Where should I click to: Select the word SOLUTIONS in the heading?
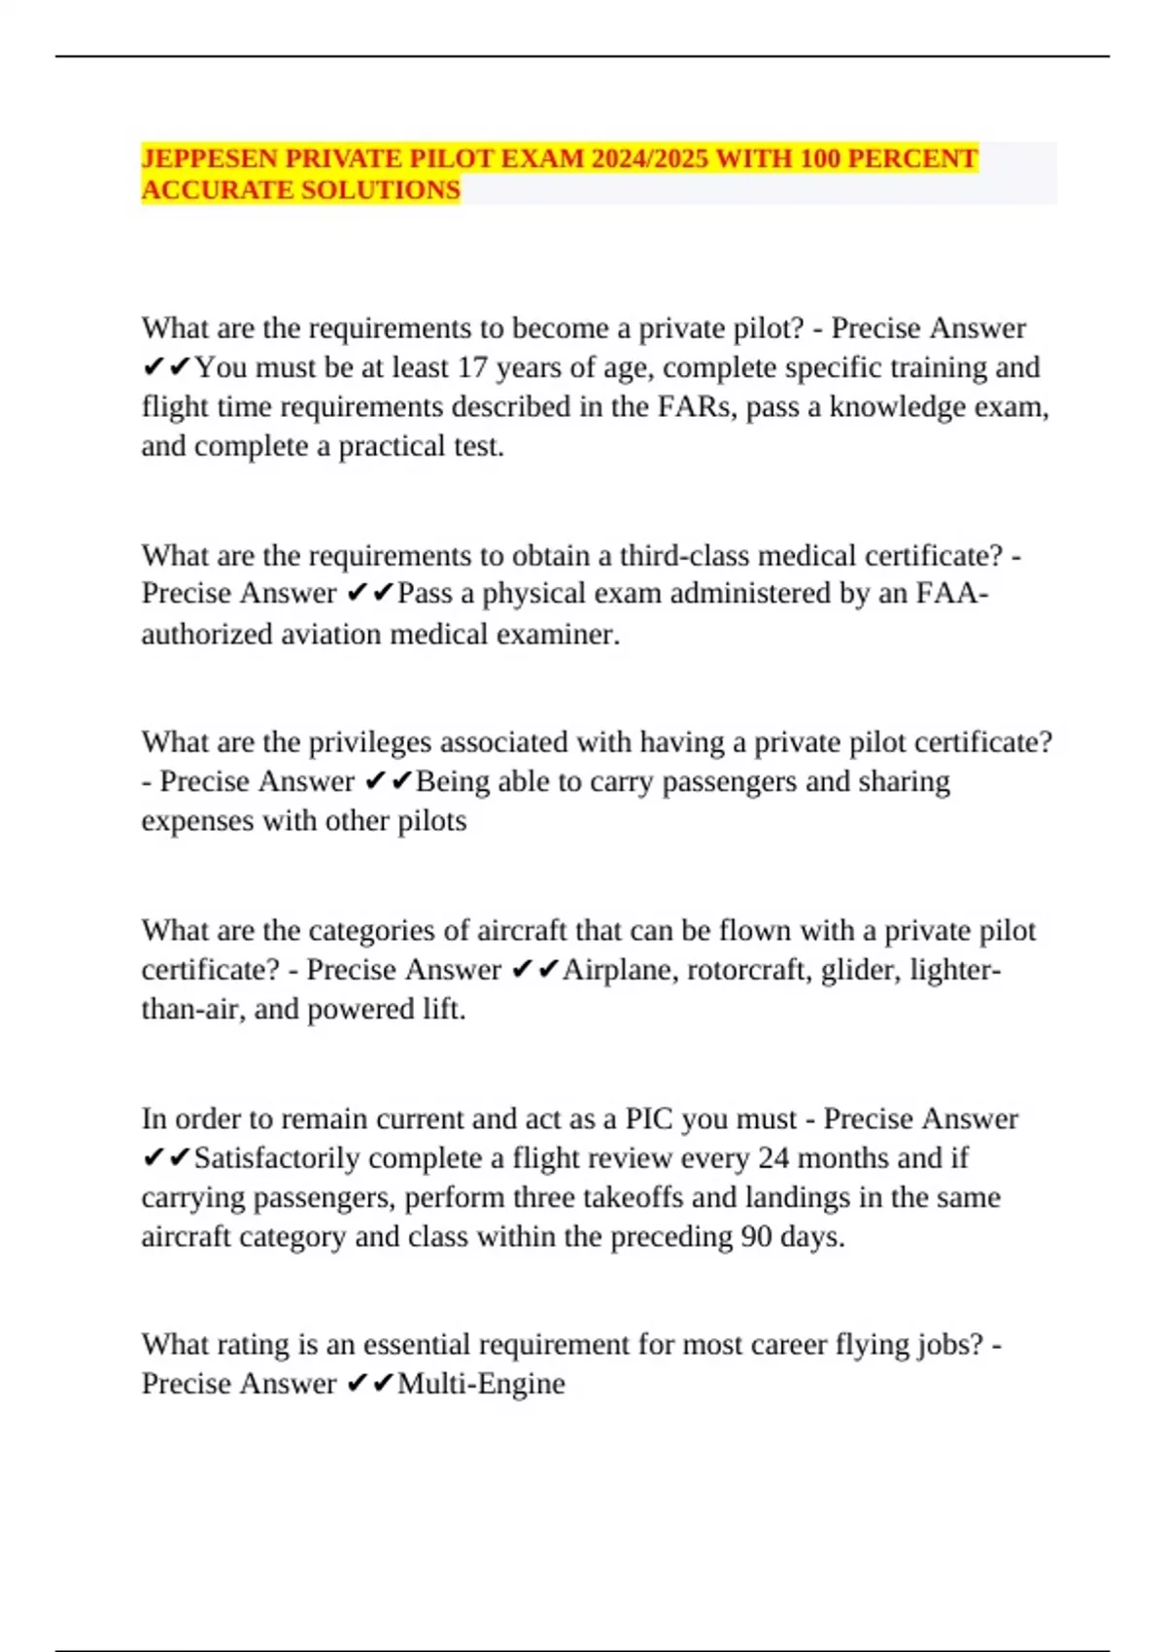[x=381, y=189]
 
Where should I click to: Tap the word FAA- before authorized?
[x=952, y=593]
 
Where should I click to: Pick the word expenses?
[x=197, y=821]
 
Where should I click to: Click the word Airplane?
[x=620, y=970]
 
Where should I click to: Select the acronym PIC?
[x=649, y=1119]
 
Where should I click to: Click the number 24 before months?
[x=773, y=1158]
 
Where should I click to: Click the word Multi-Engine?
[x=481, y=1384]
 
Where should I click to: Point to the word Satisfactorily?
[x=277, y=1158]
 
